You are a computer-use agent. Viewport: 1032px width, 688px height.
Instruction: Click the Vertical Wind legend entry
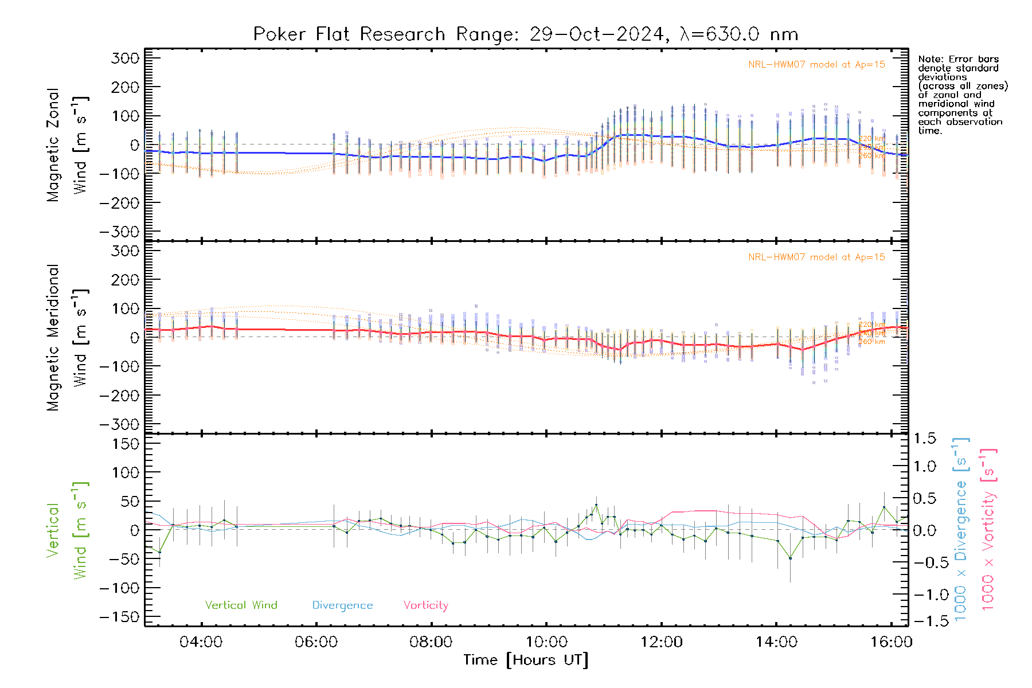(x=241, y=605)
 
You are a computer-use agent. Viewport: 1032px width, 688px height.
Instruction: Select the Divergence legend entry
(x=342, y=605)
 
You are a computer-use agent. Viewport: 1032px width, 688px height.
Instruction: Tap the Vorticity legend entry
(x=425, y=605)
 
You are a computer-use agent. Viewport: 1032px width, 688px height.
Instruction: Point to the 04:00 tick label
(x=201, y=642)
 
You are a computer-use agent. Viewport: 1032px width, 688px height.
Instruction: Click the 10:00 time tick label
(x=546, y=642)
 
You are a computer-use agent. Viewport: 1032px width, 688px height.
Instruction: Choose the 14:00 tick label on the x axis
(x=776, y=642)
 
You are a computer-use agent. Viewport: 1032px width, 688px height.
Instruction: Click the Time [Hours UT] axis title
(x=526, y=660)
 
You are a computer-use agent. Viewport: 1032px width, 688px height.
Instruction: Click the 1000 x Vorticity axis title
(x=988, y=529)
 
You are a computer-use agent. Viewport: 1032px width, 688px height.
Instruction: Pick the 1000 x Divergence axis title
(x=960, y=529)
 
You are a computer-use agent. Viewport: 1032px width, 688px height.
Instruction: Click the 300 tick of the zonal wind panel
(x=125, y=58)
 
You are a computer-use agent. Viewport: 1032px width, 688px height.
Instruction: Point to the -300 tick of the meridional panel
(x=119, y=424)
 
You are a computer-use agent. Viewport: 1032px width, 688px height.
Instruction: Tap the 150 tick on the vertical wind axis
(x=125, y=444)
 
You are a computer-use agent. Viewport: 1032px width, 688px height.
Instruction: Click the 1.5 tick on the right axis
(x=925, y=439)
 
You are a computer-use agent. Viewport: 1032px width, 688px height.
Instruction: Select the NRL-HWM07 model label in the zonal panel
(x=816, y=65)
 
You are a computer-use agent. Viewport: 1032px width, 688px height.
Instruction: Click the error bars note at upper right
(x=962, y=95)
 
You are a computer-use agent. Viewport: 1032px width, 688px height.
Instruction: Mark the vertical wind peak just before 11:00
(x=596, y=505)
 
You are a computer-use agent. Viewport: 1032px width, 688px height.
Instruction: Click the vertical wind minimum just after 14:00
(x=790, y=558)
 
